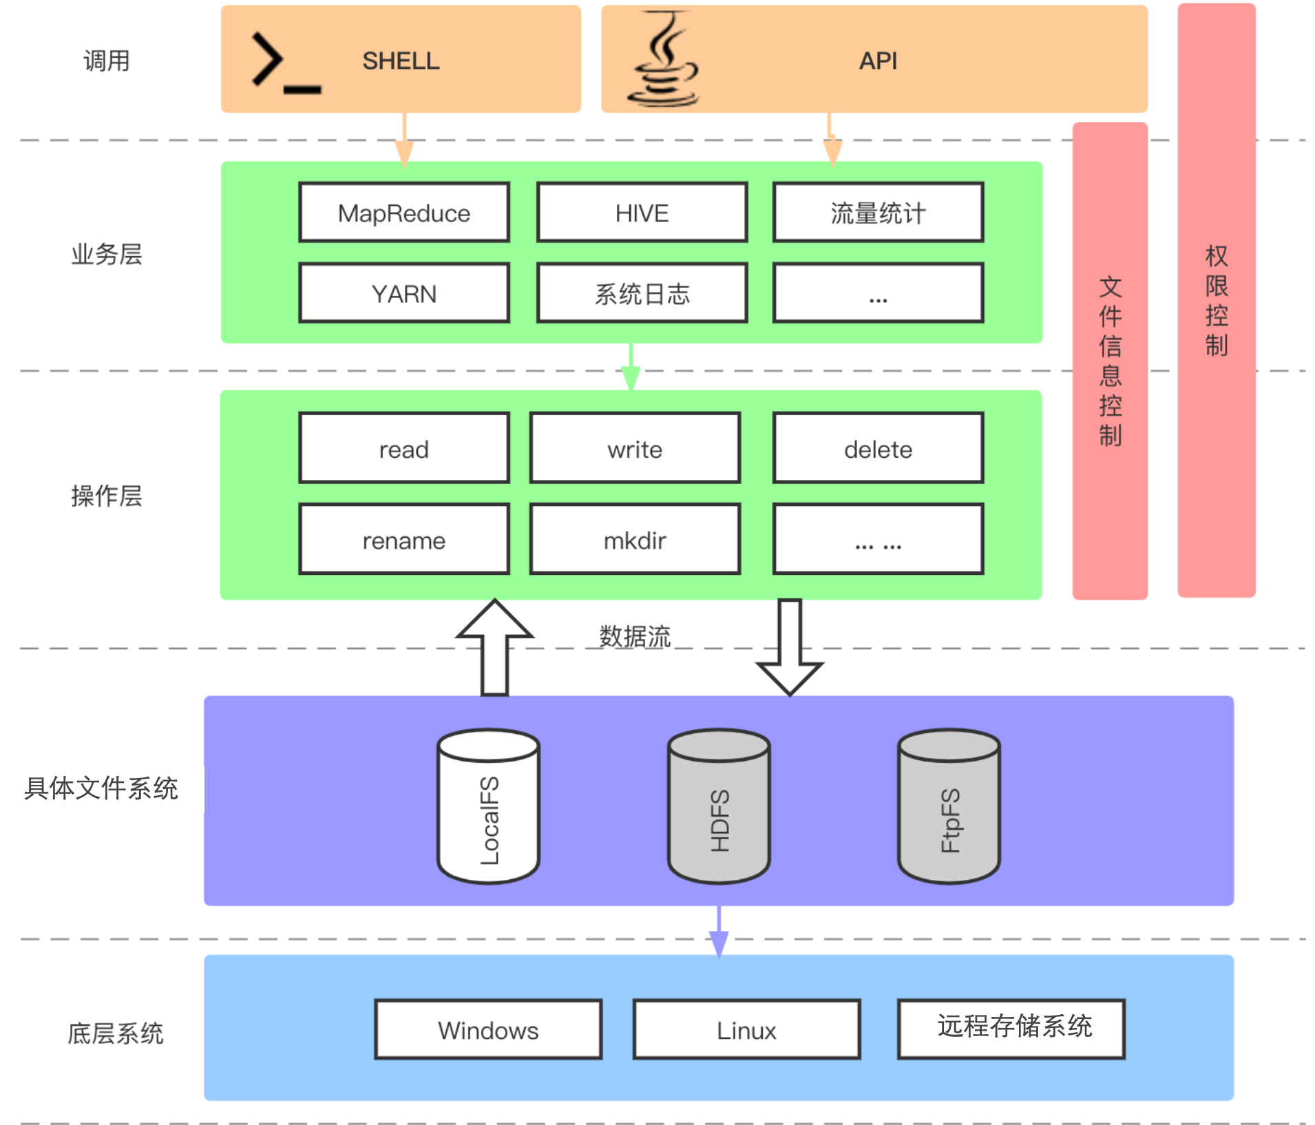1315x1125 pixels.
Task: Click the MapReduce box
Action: coord(404,213)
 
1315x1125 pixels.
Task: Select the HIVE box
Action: coord(642,213)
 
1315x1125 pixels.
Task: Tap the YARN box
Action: coord(404,293)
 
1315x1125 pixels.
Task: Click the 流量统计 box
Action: coord(878,213)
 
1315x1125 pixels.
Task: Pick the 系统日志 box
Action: coord(642,293)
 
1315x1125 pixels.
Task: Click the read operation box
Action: coord(404,449)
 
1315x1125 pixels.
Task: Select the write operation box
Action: coord(635,449)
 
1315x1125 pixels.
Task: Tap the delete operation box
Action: coord(878,449)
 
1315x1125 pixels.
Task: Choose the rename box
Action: coord(404,540)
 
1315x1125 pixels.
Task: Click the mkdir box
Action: coord(635,540)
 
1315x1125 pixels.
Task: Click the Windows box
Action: coord(488,1030)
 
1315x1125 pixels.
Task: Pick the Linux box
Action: coord(746,1030)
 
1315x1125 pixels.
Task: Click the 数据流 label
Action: coord(635,636)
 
